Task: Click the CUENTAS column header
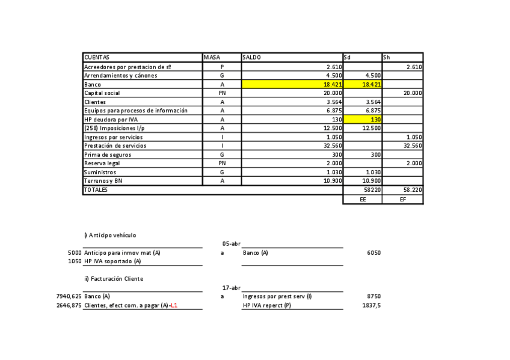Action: [97, 57]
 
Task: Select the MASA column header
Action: [212, 57]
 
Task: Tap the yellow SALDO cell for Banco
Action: [292, 85]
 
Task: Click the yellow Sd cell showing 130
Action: [362, 120]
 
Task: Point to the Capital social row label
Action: [102, 93]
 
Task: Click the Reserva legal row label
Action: [102, 163]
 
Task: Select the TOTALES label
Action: [96, 189]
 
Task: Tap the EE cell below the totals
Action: [363, 199]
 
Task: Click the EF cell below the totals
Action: [402, 199]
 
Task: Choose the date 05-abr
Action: [232, 243]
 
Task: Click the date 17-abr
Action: [232, 288]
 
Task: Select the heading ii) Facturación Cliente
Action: [114, 278]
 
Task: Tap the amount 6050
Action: [373, 252]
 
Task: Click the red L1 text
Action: [174, 305]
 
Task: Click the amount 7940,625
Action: [69, 296]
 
